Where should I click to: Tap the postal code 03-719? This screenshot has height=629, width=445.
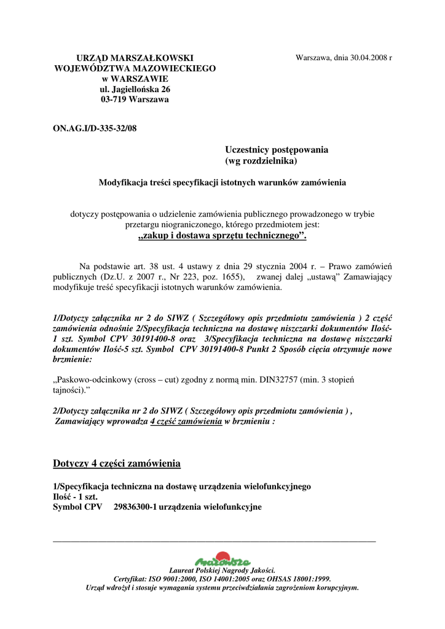pos(115,100)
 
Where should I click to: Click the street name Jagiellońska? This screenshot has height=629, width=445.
pos(132,89)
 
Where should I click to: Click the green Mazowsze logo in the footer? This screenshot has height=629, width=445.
pos(222,561)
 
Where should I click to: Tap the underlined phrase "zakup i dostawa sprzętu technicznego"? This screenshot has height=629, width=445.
pos(222,236)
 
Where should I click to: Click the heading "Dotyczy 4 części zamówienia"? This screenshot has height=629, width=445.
pos(117,463)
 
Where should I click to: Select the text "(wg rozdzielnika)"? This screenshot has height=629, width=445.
pos(261,161)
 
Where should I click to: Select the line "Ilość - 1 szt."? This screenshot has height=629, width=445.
pos(76,497)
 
